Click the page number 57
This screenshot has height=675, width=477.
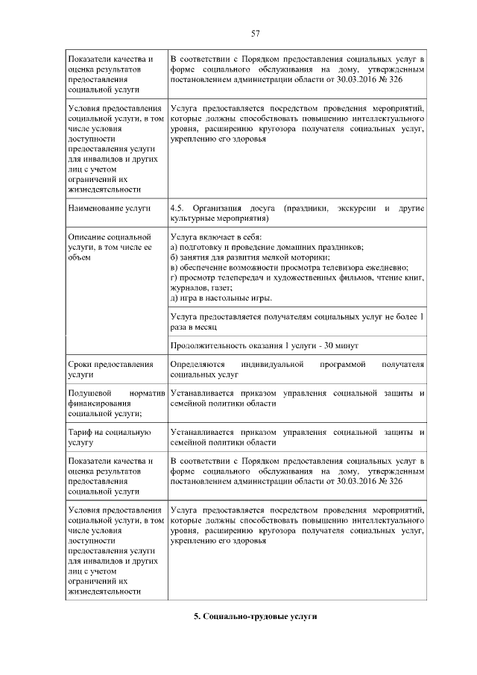(255, 33)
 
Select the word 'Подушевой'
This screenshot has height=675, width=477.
(89, 392)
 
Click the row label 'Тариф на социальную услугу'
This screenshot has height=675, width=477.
(109, 436)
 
